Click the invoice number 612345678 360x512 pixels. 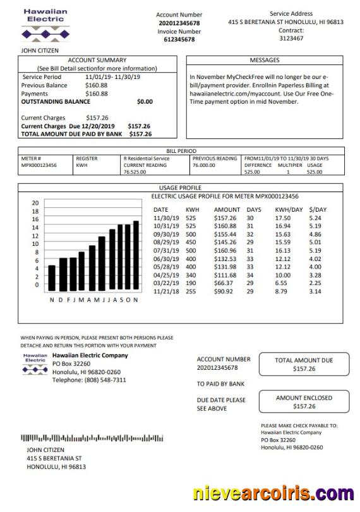179,39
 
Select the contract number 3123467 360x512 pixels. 291,39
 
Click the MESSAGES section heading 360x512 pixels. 265,60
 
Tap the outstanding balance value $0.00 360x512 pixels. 145,101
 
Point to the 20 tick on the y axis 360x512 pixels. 35,202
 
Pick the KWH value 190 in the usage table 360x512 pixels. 190,284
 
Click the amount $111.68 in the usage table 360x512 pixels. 227,276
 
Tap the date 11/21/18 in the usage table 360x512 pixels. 166,292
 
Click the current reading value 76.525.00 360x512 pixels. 135,171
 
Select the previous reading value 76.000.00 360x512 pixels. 204,165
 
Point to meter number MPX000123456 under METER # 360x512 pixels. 39,165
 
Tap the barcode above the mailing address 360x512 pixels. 92,438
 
